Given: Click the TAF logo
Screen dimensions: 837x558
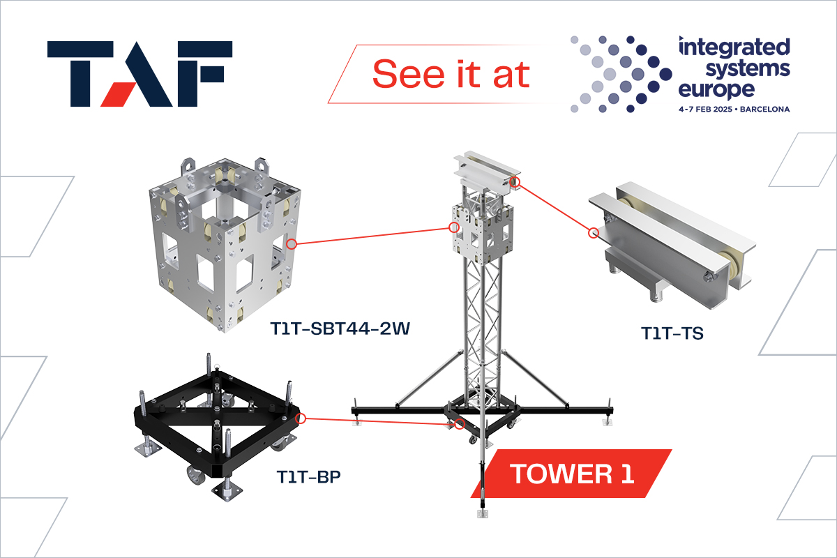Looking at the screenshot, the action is point(139,74).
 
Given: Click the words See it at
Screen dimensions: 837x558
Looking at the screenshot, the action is point(451,74).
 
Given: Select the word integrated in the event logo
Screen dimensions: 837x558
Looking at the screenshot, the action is point(734,47).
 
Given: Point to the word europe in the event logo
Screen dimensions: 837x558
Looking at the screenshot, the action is point(716,90).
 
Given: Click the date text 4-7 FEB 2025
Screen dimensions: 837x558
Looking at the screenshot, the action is point(705,110).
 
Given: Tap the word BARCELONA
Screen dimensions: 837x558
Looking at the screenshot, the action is point(765,110).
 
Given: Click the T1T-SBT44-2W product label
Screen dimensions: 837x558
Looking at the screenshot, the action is point(340,329).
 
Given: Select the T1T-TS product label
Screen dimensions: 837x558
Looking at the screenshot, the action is point(672,333).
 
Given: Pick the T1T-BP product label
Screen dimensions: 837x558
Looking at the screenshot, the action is point(308,477).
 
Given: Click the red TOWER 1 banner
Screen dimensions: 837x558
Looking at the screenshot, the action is point(571,474).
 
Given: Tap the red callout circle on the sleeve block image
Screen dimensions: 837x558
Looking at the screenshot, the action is point(292,244).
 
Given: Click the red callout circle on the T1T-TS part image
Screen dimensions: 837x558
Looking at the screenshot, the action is point(594,233).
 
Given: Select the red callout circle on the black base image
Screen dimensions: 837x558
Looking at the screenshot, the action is point(301,418).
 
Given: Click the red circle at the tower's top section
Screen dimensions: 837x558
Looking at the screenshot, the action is point(515,182).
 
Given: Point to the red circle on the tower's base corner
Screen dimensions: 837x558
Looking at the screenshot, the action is point(460,424).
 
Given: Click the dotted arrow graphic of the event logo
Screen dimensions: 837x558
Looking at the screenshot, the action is point(621,74).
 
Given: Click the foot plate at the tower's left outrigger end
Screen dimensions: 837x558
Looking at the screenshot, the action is point(357,422).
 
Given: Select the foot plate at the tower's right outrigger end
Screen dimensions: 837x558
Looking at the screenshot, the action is point(608,422).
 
